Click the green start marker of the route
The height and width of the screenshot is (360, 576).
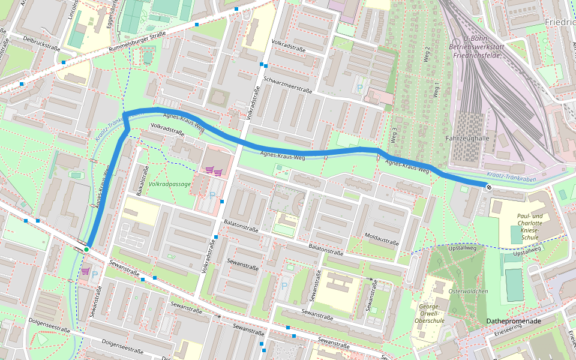point(86,249)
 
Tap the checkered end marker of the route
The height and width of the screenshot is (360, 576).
point(488,187)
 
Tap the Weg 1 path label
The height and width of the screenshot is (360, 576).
point(436,90)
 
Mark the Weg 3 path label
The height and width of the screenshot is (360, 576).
point(394,134)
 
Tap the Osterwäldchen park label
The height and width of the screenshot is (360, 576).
point(469,291)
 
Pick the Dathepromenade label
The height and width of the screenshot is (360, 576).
point(514,321)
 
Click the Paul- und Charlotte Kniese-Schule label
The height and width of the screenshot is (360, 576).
point(529,227)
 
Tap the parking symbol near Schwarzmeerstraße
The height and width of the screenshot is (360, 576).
point(360,88)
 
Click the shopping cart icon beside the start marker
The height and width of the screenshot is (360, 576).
point(85,271)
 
